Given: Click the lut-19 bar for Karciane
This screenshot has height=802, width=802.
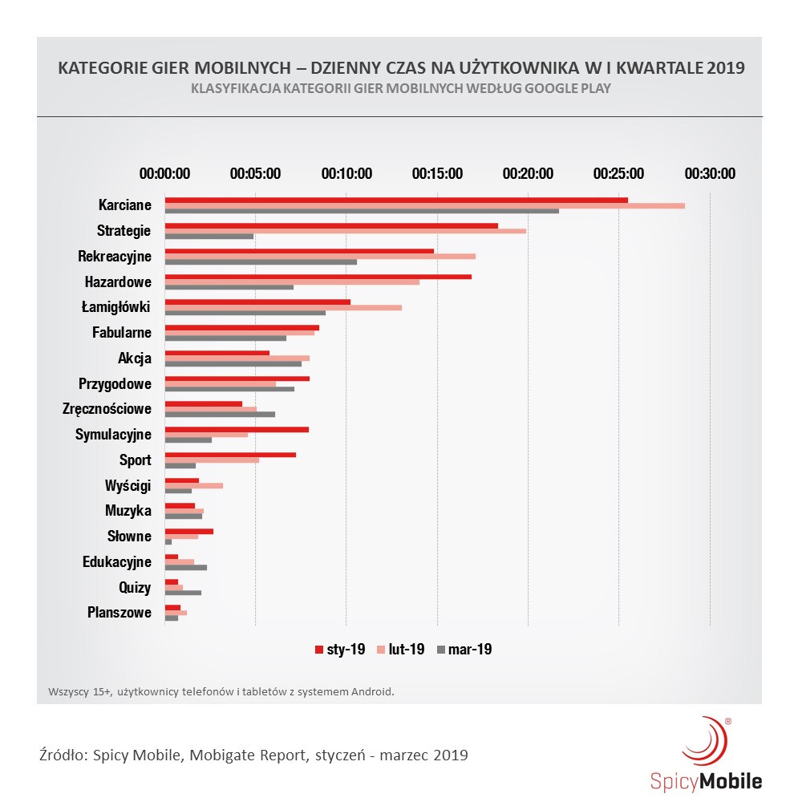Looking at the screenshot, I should [x=424, y=205].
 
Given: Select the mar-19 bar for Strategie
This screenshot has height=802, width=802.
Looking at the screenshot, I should [x=209, y=236].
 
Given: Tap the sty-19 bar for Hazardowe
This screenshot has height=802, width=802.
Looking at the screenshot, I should [x=318, y=277].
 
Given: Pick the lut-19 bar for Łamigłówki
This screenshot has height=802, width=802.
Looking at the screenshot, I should [x=283, y=307].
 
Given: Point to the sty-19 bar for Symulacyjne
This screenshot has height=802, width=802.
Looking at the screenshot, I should [x=237, y=430].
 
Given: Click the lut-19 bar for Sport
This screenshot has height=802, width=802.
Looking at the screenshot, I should [x=212, y=460].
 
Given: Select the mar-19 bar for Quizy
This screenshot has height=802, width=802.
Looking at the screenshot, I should [x=183, y=593].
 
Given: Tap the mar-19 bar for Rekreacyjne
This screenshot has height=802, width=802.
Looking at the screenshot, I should [x=261, y=261].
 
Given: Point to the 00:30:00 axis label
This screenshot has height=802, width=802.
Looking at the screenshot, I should [x=709, y=173].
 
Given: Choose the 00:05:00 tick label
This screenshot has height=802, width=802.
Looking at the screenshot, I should [x=255, y=173].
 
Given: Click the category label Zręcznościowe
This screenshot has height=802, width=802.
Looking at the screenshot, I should [x=107, y=409].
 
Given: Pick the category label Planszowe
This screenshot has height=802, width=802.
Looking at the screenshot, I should [x=119, y=613].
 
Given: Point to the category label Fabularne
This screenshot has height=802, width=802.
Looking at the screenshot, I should [x=121, y=332].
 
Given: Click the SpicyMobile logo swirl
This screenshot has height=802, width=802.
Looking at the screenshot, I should [x=704, y=742].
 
